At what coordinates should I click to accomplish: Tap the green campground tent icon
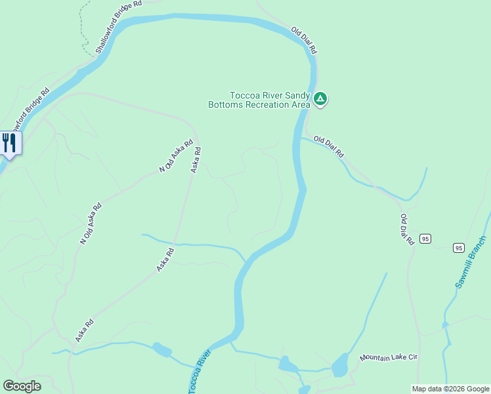320,99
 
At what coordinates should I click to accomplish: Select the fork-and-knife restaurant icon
9,142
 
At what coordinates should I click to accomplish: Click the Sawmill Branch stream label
471,262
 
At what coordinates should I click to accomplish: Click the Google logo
22,386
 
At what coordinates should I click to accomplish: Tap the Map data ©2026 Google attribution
450,389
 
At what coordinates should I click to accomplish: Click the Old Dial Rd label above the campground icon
305,40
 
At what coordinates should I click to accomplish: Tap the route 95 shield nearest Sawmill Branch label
458,248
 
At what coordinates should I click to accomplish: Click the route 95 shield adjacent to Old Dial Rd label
426,238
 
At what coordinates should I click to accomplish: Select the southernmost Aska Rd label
85,330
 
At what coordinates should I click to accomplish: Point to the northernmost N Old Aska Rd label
177,156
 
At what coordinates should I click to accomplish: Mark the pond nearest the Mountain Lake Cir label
339,365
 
